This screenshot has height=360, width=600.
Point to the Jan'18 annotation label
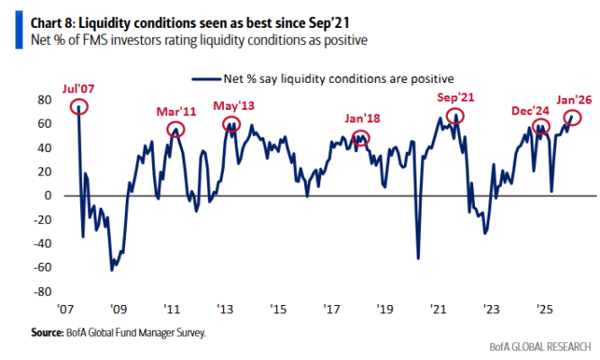click(x=362, y=119)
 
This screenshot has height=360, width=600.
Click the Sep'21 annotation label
click(x=455, y=98)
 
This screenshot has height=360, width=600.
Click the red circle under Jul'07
click(x=77, y=106)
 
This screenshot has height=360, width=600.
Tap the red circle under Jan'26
click(x=573, y=118)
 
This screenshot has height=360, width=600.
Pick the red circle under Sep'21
click(x=455, y=116)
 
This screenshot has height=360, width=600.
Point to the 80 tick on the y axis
click(x=43, y=100)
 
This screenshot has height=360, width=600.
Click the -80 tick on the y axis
click(x=41, y=292)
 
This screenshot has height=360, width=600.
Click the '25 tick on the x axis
click(x=542, y=310)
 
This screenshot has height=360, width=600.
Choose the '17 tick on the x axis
click(x=332, y=310)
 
